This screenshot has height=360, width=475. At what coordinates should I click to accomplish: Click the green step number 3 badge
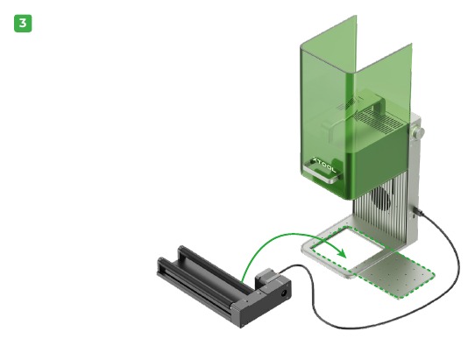[x=24, y=23]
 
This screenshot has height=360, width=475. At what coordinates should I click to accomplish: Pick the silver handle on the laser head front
[x=325, y=180]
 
